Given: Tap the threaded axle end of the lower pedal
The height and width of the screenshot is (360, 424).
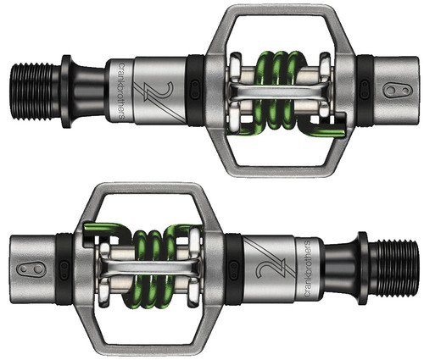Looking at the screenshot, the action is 393,269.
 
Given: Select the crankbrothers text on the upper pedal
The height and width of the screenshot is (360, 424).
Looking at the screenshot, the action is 121,91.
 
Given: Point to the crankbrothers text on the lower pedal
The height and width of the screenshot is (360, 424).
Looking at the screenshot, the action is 307,269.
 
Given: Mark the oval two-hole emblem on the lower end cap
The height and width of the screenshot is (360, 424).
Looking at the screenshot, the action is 31,269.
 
